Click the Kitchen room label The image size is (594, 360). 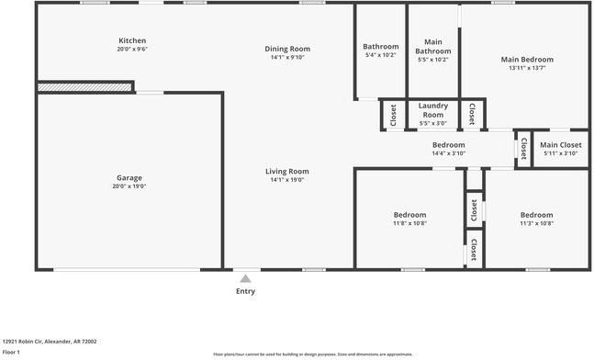(x=132, y=40)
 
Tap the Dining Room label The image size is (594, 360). (x=287, y=49)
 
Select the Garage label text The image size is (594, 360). (x=129, y=177)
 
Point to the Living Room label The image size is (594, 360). (x=287, y=171)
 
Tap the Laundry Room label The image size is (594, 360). (x=432, y=110)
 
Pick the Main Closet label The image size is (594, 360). (x=560, y=144)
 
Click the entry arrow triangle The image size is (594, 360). (x=245, y=277)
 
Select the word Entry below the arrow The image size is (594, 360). (x=245, y=291)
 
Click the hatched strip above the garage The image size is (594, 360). (x=84, y=86)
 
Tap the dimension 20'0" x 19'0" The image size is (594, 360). (x=129, y=186)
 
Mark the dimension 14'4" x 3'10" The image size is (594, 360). (x=449, y=153)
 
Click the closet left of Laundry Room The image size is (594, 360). (x=393, y=115)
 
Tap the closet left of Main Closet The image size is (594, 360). (x=523, y=147)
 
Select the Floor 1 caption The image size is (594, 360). (x=12, y=352)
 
